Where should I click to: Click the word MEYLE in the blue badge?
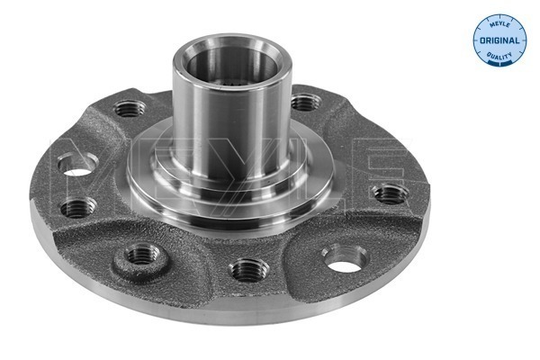pyautogui.click(x=499, y=24)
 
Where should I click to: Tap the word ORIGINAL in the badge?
pyautogui.click(x=499, y=40)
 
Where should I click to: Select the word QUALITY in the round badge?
pyautogui.click(x=499, y=55)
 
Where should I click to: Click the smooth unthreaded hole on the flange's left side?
pyautogui.click(x=77, y=164)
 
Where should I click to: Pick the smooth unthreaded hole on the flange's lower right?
pyautogui.click(x=346, y=258)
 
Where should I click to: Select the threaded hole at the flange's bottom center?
pyautogui.click(x=249, y=270)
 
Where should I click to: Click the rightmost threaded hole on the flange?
pyautogui.click(x=391, y=194)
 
